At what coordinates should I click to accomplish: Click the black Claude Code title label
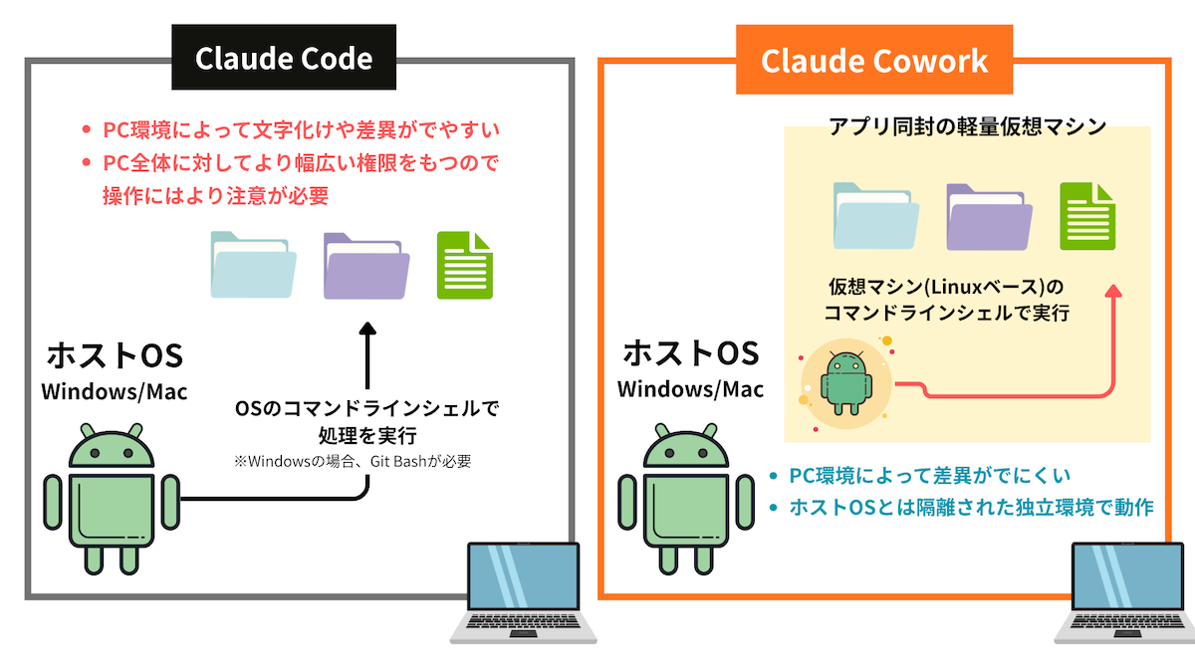[284, 59]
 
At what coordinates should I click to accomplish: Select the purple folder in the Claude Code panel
[365, 266]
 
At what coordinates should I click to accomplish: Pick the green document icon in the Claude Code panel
[465, 265]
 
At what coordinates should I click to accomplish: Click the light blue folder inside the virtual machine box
[873, 216]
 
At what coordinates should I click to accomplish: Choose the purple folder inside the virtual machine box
[987, 216]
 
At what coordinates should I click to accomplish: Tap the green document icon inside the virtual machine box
[1086, 216]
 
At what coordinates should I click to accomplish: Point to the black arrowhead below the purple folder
[367, 334]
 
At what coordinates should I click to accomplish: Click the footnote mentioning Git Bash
[352, 461]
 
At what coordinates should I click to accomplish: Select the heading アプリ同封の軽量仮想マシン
[967, 127]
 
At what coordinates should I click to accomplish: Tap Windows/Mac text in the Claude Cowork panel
[690, 388]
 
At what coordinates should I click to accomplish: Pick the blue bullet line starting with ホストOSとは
[971, 508]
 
